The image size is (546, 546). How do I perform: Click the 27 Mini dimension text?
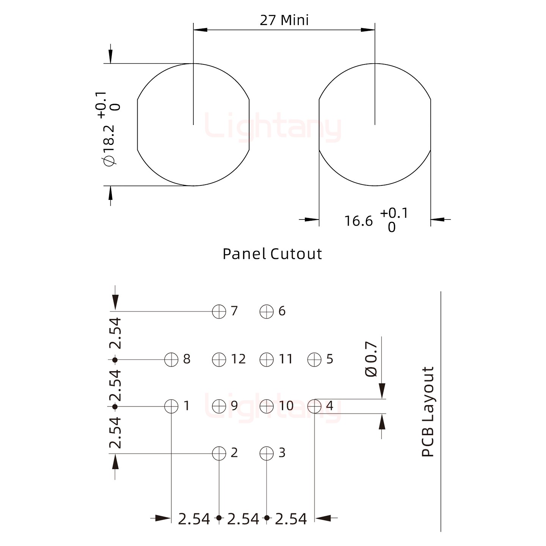click(x=284, y=20)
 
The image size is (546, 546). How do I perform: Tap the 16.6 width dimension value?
click(x=358, y=221)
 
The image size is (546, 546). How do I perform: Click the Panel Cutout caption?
click(x=272, y=254)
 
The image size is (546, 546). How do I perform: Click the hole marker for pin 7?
click(x=219, y=312)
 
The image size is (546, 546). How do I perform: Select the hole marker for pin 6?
click(x=267, y=312)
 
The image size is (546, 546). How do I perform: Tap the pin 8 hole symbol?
click(x=171, y=359)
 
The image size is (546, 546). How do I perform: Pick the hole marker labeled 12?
click(x=219, y=359)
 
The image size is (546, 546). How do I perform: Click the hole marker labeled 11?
click(x=267, y=359)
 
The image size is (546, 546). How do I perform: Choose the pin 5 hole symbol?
click(x=314, y=359)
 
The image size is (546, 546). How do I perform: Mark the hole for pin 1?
click(x=171, y=406)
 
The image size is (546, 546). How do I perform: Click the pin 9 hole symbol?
click(x=219, y=406)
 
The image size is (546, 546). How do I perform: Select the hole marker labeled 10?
click(x=267, y=406)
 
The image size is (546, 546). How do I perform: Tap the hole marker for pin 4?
click(x=314, y=406)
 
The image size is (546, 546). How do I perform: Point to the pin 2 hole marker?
click(x=219, y=453)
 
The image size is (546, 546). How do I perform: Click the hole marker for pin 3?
click(x=267, y=453)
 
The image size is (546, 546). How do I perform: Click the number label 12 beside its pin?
click(x=238, y=359)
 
